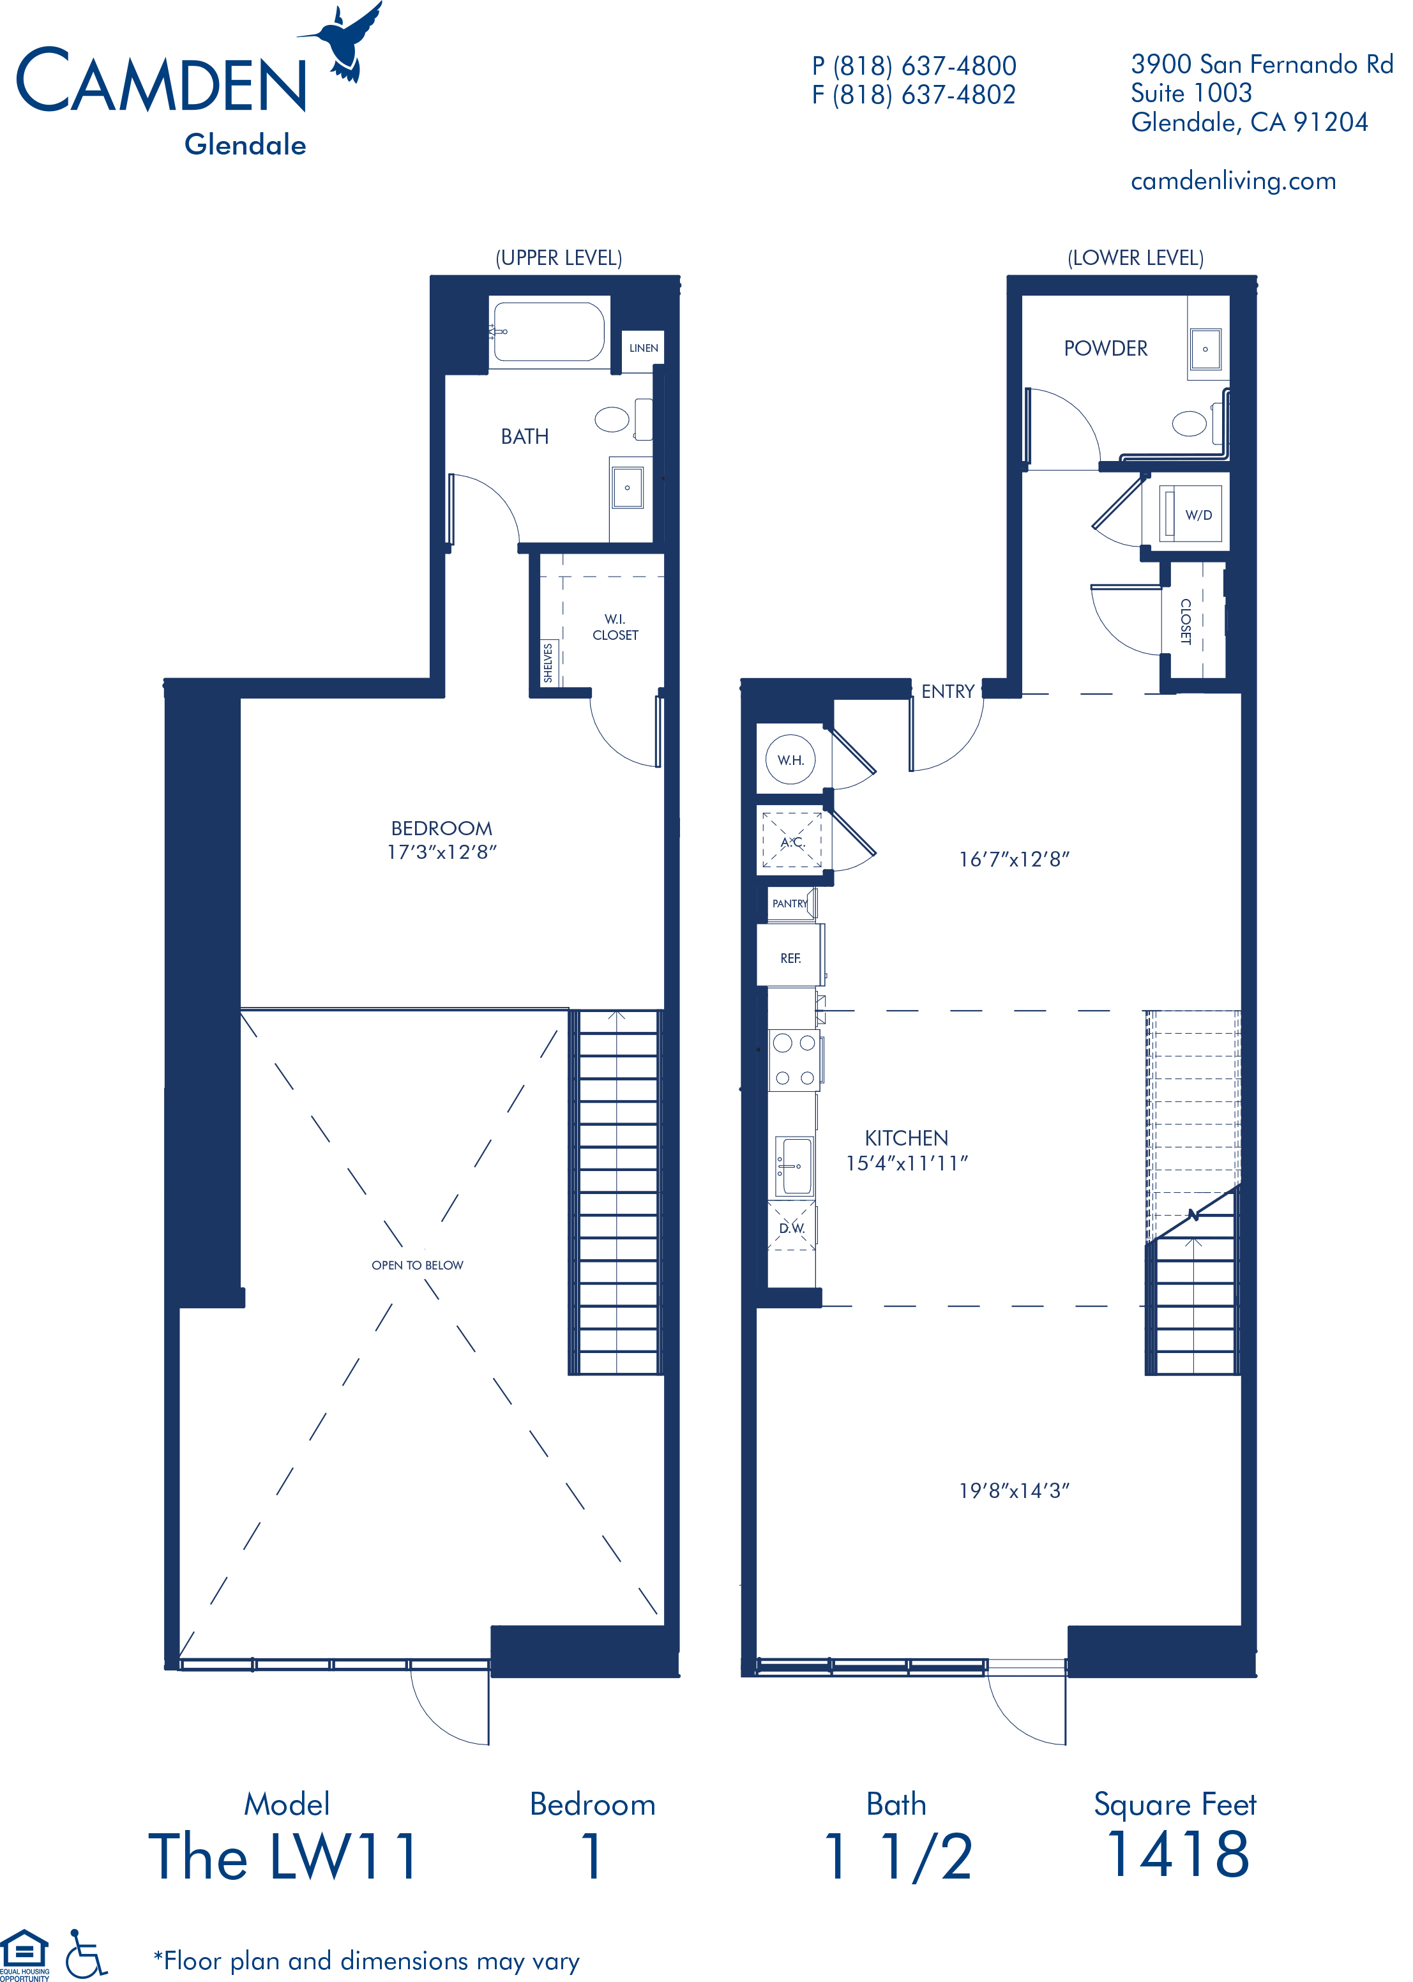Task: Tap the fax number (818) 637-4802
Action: (914, 95)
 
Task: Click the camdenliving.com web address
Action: (1233, 182)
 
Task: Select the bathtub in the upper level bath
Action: (548, 331)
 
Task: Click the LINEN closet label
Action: (643, 348)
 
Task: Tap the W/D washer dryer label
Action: (1198, 515)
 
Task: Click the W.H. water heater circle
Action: (790, 760)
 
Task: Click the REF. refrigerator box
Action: (790, 958)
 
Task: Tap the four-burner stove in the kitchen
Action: (794, 1060)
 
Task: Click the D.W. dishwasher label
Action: (792, 1229)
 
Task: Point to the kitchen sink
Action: (794, 1165)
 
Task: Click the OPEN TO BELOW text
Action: (417, 1265)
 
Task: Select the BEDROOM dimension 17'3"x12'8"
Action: (441, 852)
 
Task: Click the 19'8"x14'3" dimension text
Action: (1014, 1491)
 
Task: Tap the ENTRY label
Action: (948, 692)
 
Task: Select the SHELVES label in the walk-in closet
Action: (548, 662)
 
